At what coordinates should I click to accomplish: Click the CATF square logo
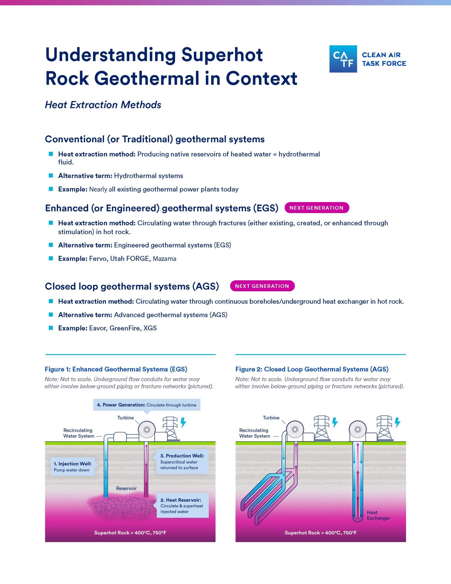[343, 59]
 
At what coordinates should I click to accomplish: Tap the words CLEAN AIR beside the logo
[381, 55]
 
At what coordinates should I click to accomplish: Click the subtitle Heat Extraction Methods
[103, 105]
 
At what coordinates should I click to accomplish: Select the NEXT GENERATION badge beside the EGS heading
[316, 208]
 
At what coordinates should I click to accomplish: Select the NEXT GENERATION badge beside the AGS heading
[262, 286]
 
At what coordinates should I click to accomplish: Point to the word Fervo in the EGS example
[98, 258]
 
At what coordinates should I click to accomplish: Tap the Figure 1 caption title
[116, 369]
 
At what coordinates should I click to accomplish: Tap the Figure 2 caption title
[312, 369]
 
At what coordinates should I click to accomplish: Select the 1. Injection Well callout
[73, 467]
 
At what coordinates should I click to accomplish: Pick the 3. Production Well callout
[182, 461]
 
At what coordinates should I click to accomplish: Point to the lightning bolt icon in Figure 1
[183, 422]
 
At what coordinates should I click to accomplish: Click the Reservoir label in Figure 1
[126, 488]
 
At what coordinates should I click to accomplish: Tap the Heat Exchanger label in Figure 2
[378, 515]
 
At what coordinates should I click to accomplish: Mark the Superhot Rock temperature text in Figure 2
[320, 533]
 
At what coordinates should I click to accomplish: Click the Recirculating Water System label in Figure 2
[254, 433]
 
